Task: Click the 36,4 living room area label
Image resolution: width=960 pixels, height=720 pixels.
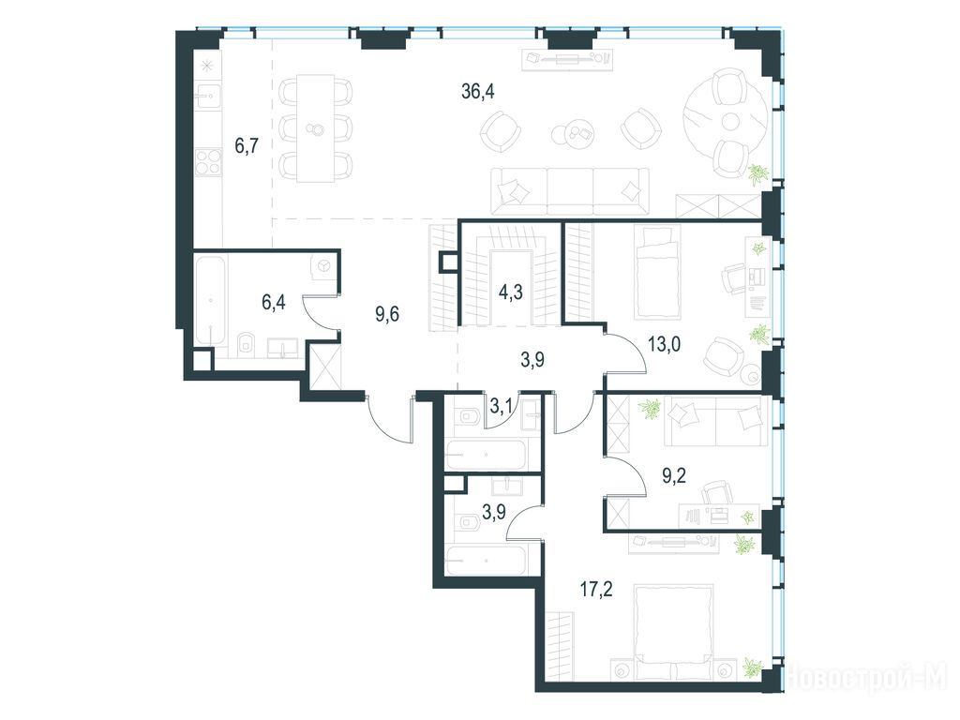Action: [x=477, y=92]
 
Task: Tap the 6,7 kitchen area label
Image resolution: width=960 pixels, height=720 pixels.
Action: [x=247, y=145]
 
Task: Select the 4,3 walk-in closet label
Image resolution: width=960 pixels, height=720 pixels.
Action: [x=510, y=292]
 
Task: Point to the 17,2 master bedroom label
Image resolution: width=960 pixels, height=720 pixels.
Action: [x=595, y=590]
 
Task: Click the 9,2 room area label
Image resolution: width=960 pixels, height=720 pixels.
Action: [x=674, y=475]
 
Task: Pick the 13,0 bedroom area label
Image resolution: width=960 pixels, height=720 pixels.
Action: [x=665, y=345]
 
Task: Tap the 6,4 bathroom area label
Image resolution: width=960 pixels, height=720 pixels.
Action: [x=274, y=303]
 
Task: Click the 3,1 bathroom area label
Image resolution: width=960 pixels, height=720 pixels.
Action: [x=502, y=403]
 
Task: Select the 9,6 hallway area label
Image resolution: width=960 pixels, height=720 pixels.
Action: [x=387, y=315]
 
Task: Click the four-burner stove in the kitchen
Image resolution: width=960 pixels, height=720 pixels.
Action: [x=208, y=162]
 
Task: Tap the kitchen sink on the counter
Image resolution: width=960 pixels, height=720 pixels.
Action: [x=207, y=95]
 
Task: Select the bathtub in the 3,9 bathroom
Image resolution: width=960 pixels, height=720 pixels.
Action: [x=486, y=560]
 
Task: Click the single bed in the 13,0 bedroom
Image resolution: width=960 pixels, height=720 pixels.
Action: [x=657, y=272]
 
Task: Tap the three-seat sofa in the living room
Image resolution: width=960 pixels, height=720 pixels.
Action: [x=570, y=191]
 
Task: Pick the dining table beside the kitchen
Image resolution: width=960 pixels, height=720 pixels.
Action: [x=316, y=128]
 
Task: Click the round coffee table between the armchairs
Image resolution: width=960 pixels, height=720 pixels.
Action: [x=564, y=133]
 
